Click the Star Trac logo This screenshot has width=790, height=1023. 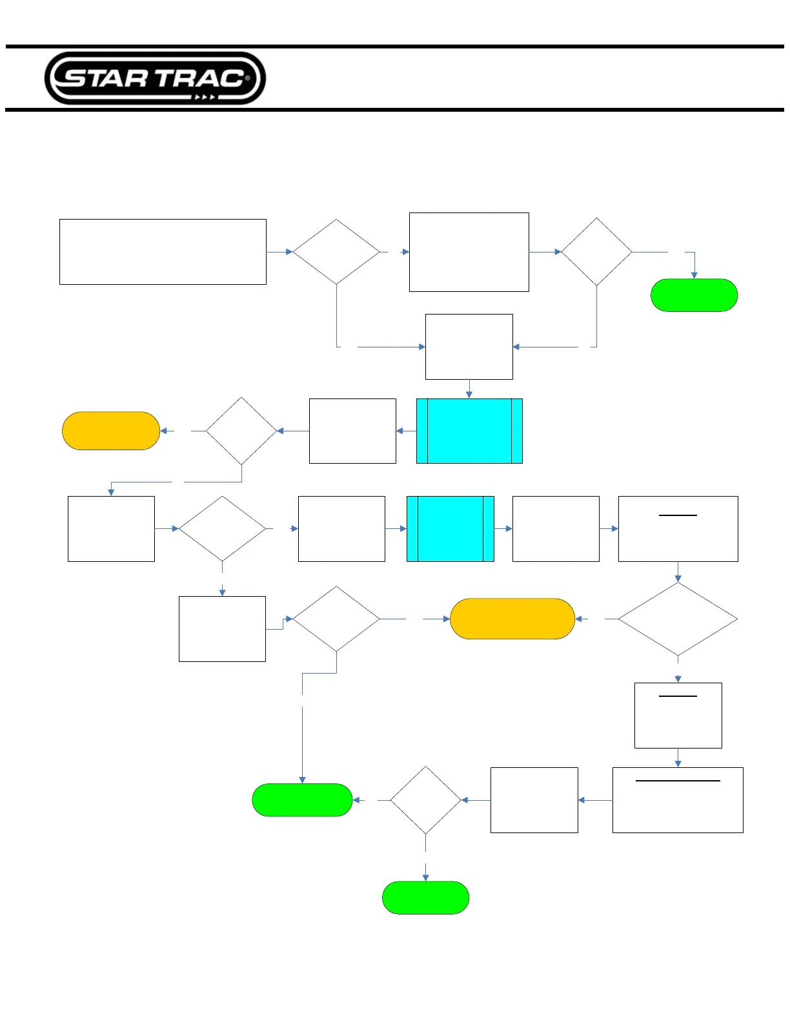(155, 78)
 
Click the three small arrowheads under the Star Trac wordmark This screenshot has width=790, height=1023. (205, 98)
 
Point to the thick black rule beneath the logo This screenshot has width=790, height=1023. (395, 110)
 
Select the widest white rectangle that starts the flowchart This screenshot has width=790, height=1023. (163, 252)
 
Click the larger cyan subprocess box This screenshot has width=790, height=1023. (469, 431)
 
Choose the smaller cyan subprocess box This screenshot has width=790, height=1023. (450, 529)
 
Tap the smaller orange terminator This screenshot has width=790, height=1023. (111, 431)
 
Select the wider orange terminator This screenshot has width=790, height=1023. (512, 619)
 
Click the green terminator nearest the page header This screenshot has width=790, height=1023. (694, 295)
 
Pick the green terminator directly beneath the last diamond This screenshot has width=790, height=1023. (425, 898)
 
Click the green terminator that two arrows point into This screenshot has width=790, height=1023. (302, 800)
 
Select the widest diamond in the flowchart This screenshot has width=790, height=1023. (678, 619)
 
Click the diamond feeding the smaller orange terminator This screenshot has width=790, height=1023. (241, 431)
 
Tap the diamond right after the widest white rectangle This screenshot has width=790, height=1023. (336, 252)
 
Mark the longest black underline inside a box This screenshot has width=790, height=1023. (678, 781)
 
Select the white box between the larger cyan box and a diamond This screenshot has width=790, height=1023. (352, 431)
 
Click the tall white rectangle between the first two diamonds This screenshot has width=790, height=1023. (469, 252)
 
